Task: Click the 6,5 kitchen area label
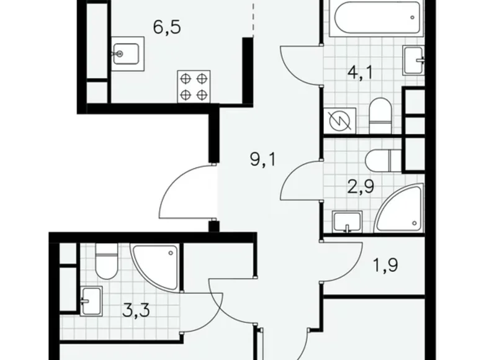(x=166, y=29)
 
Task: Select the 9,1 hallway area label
(x=264, y=161)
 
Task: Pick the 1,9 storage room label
(x=385, y=266)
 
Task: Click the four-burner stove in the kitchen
(x=194, y=86)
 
